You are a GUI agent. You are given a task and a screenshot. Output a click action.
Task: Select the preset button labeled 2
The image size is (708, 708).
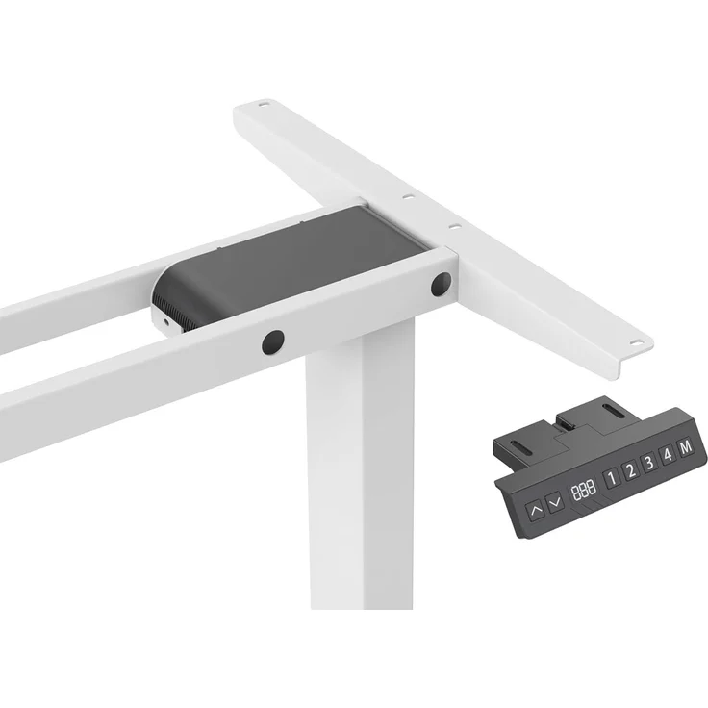(x=630, y=469)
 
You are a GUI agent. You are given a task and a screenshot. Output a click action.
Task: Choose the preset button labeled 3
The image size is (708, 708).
(x=649, y=463)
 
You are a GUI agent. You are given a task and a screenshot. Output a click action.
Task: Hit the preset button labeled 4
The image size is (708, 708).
(x=668, y=456)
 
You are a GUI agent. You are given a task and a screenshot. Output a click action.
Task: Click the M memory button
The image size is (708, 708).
(x=686, y=448)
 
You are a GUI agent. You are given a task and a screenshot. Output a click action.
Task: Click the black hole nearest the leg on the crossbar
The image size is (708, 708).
(x=273, y=341)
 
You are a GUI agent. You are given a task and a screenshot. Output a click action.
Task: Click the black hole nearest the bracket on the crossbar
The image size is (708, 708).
(x=441, y=284)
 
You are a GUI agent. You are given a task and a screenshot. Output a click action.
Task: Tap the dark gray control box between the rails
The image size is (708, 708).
(x=289, y=260)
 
